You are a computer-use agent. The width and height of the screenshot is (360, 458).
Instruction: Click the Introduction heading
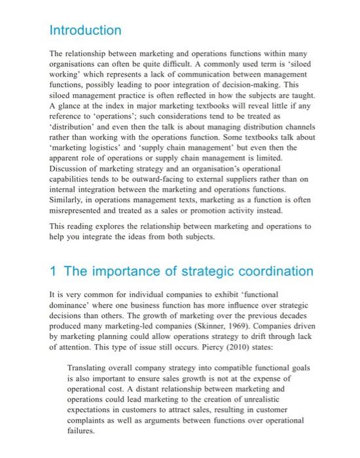click(86, 31)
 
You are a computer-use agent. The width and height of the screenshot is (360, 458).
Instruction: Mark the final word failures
click(82, 431)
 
